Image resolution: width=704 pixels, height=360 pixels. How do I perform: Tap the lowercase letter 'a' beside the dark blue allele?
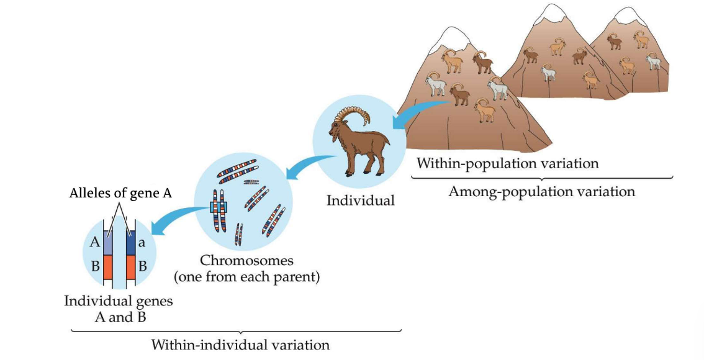pos(142,243)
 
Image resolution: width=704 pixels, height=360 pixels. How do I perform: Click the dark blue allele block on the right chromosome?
pos(130,243)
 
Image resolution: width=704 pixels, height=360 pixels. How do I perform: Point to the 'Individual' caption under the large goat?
pos(360,200)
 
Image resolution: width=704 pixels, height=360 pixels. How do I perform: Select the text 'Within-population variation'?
pos(507,164)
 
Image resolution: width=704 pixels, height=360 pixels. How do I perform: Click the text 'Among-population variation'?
pos(541,191)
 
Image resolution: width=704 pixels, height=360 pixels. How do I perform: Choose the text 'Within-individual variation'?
pos(240,344)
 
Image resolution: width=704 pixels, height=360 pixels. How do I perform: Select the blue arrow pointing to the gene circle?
pos(180,218)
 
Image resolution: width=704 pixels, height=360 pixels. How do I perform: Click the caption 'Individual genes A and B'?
pos(119,308)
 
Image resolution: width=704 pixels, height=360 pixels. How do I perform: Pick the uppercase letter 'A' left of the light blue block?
pos(94,243)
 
